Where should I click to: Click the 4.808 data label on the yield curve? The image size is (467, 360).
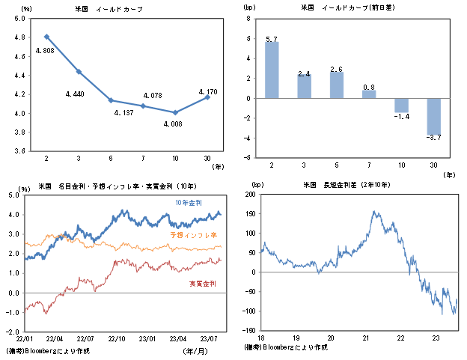coord(45,51)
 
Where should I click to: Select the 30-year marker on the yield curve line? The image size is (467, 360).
coord(207,97)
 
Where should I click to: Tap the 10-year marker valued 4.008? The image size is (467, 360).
coord(175,112)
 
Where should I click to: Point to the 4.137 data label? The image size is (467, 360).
coord(124,113)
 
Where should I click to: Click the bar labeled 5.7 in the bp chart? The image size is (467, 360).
coord(272,70)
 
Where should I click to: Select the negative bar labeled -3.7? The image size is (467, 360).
coord(433,117)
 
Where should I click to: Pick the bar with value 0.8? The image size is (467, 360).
coord(369,94)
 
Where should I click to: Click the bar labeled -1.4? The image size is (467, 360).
coord(401,105)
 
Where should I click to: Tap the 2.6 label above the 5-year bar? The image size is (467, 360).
coord(336,70)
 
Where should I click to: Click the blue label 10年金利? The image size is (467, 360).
coord(189,203)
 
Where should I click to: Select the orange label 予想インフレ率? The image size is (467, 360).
coord(194,235)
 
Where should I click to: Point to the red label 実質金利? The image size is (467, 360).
coord(203,284)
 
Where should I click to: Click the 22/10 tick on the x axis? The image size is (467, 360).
coord(117,339)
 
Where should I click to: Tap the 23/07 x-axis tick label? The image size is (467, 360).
coord(209,339)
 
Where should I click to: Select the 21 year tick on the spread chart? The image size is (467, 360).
coord(366,338)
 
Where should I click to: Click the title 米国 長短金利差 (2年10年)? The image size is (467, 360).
coord(347,185)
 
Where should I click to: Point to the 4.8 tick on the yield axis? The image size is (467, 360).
coord(19,37)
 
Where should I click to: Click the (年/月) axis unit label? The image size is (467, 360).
coord(195,351)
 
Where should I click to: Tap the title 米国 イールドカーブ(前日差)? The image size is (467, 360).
coord(348,7)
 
